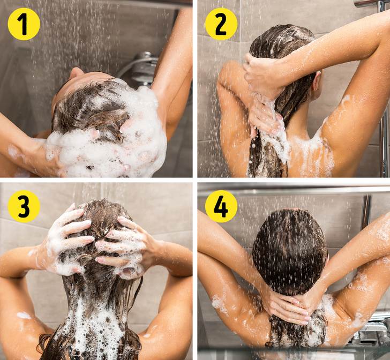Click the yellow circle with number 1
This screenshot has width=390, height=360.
coord(24,24)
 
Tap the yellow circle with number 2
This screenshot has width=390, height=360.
coord(221,24)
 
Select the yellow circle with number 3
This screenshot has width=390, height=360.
coord(24,206)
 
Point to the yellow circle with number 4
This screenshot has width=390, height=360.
coord(221,206)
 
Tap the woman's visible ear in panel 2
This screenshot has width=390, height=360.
coord(316,81)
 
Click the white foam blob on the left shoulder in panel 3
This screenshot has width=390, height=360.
coord(24,316)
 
